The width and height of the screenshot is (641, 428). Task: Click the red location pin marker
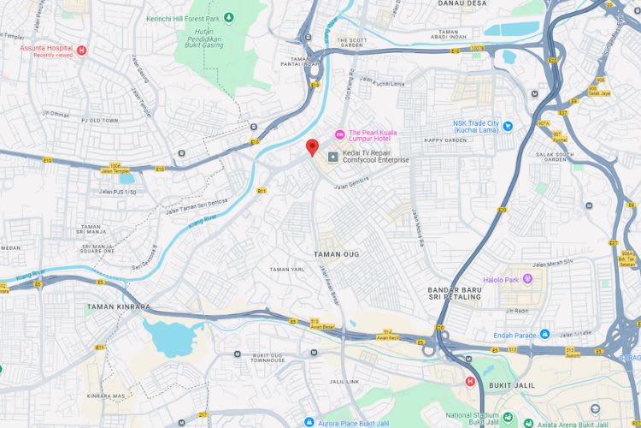pyautogui.click(x=313, y=146)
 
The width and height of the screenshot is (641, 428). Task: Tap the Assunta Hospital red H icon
pyautogui.click(x=82, y=51)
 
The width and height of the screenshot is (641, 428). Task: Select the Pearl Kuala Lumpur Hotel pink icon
pyautogui.click(x=339, y=133)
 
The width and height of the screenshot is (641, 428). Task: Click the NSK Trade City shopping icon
pyautogui.click(x=508, y=126)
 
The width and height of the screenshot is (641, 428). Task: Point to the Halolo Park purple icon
pyautogui.click(x=527, y=278)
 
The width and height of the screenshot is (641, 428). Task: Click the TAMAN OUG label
pyautogui.click(x=337, y=255)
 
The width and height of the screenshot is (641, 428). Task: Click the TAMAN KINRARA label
pyautogui.click(x=119, y=306)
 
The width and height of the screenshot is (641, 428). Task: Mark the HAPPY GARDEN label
pyautogui.click(x=444, y=140)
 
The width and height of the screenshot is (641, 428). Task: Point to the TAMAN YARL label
pyautogui.click(x=287, y=269)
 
